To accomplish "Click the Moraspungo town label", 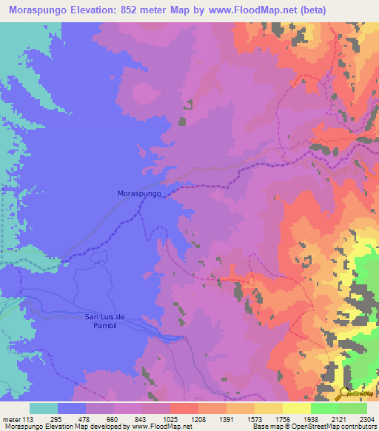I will [139, 193].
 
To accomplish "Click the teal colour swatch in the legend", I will [44, 407].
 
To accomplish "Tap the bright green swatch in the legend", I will [324, 407].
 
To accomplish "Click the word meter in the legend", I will [12, 418].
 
